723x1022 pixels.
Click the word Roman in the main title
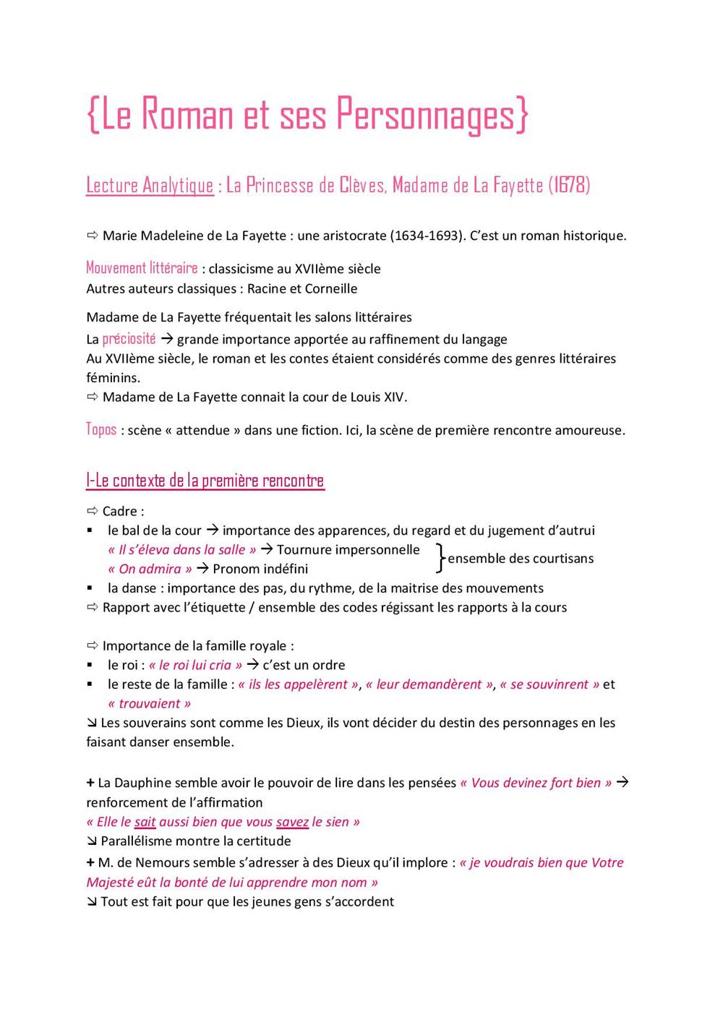click(x=187, y=114)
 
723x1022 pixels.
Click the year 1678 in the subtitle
click(x=569, y=185)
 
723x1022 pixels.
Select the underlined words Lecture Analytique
click(x=150, y=186)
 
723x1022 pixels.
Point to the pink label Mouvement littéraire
click(x=142, y=268)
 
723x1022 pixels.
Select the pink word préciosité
click(x=129, y=339)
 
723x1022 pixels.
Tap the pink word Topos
click(x=101, y=429)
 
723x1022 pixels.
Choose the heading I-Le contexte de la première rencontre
click(x=205, y=481)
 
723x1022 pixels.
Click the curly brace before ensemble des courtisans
click(x=440, y=558)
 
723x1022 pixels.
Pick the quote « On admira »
click(x=150, y=569)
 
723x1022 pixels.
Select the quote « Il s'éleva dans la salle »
click(x=181, y=549)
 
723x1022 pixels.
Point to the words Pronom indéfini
click(x=260, y=569)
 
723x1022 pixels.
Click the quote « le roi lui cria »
click(x=195, y=665)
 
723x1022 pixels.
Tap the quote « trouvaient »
click(x=149, y=703)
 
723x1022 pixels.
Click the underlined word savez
click(x=292, y=822)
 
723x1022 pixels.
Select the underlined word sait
click(x=145, y=822)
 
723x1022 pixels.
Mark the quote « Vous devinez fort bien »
click(x=536, y=783)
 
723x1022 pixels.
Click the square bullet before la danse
click(x=90, y=588)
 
